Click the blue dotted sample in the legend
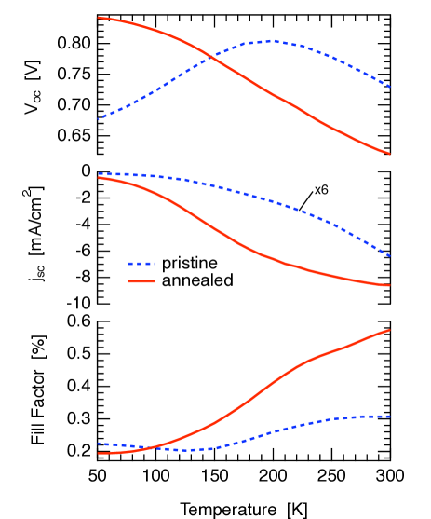[x=141, y=264]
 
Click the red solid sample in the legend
[x=141, y=280]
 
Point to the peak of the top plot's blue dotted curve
[x=272, y=41]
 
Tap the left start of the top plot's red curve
[x=99, y=18]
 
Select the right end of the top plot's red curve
[x=389, y=154]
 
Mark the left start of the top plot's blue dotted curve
[x=99, y=118]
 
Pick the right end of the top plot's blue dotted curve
[x=389, y=87]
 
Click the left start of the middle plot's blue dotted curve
[x=99, y=174]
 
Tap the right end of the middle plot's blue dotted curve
[x=389, y=255]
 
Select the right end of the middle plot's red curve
[x=389, y=285]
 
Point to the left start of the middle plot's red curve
[x=99, y=178]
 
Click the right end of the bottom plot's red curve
[x=389, y=330]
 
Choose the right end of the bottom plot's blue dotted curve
[x=389, y=417]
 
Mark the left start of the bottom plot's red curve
[x=99, y=453]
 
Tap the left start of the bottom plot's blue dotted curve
[x=99, y=444]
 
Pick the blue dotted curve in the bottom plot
[x=279, y=430]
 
